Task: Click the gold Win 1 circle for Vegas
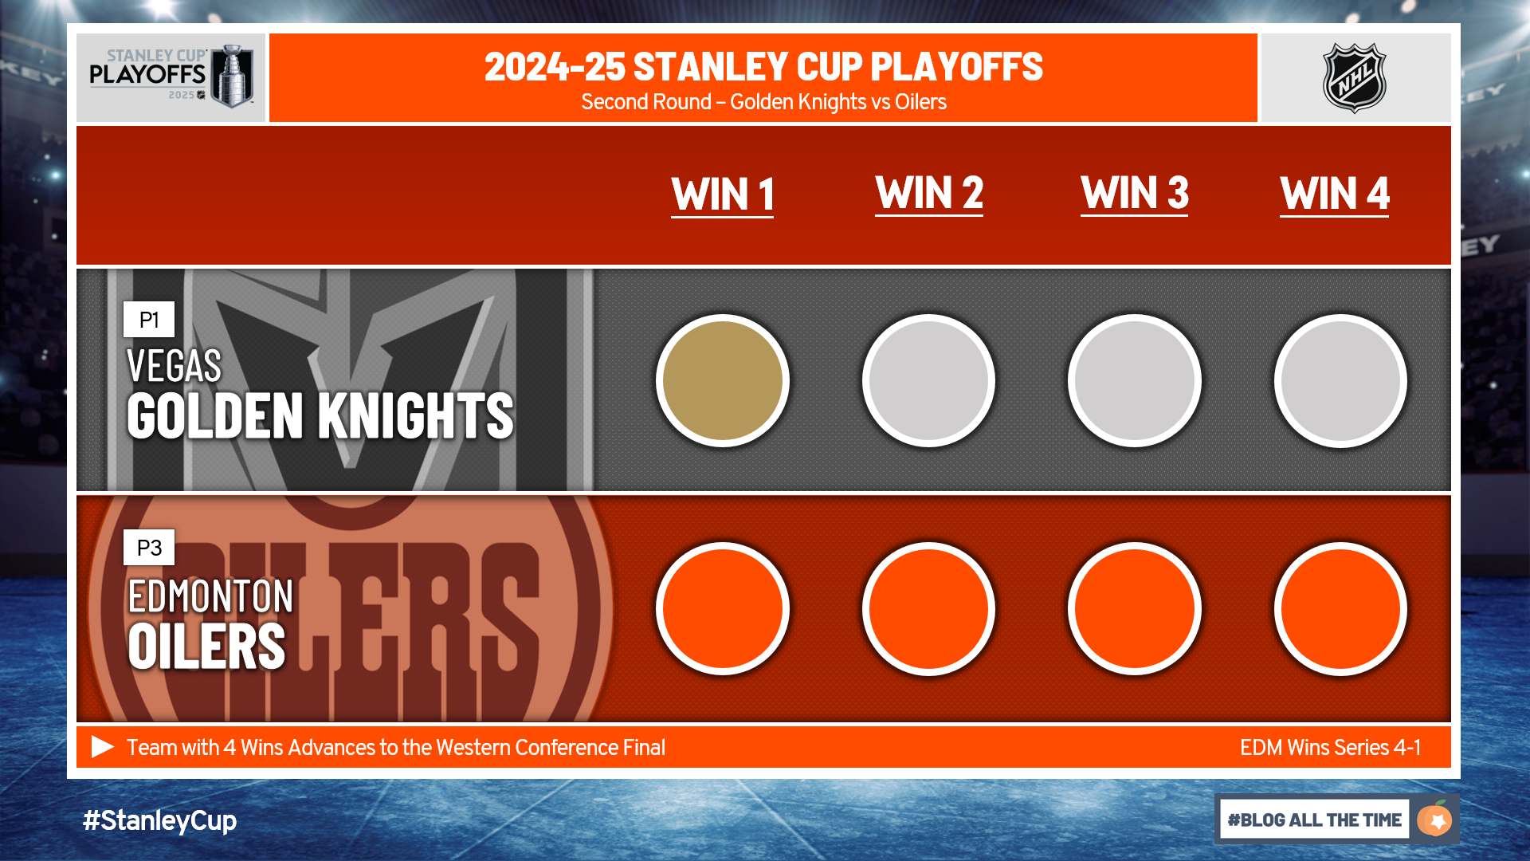point(723,380)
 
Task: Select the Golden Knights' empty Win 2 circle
point(928,380)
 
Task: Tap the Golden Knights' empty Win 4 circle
point(1340,380)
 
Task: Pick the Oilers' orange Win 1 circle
point(723,608)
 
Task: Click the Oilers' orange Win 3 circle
point(1134,608)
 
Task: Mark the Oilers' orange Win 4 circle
point(1340,608)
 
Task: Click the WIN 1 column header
point(723,195)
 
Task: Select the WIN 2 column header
point(929,194)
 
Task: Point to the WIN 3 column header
point(1135,194)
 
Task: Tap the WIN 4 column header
point(1335,195)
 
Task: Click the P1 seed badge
point(149,320)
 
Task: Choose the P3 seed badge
point(149,548)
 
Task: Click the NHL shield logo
point(1355,77)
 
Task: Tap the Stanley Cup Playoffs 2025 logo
point(171,77)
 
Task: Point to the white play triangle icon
point(103,747)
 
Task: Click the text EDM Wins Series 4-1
point(1330,748)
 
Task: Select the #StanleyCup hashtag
point(159,820)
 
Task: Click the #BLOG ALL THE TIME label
point(1315,820)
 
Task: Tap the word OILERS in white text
point(206,646)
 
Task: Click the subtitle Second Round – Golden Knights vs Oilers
point(763,102)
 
